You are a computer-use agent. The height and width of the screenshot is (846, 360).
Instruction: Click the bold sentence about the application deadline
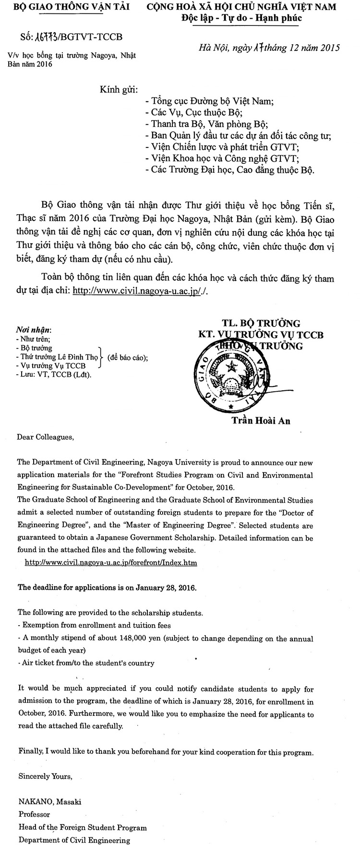pos(107,587)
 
